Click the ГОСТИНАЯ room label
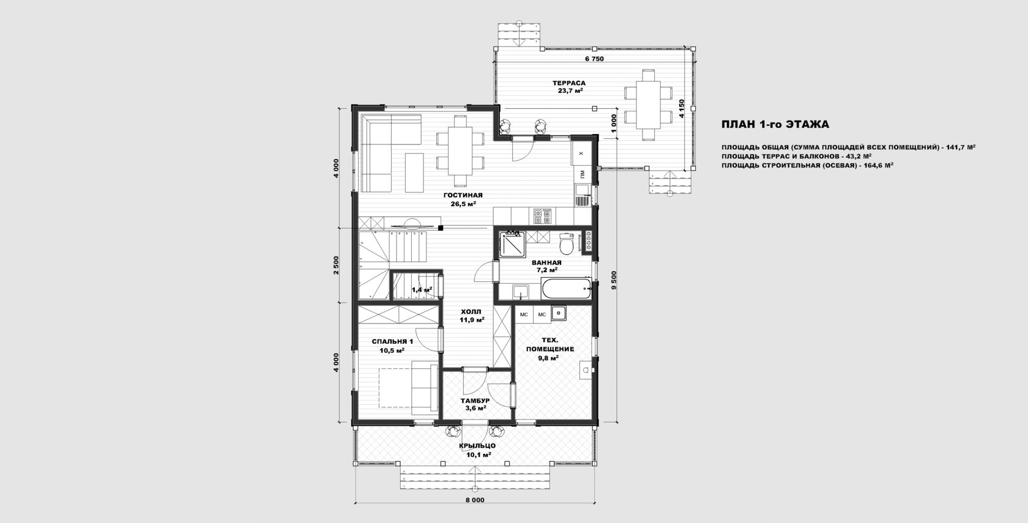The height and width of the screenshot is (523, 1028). [463, 195]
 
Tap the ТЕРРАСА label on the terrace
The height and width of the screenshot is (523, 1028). [569, 83]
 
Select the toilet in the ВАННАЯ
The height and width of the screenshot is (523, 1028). [567, 243]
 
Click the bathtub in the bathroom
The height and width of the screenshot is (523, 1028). [567, 289]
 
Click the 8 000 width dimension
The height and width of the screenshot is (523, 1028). [475, 500]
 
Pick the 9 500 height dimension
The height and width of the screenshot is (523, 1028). [614, 280]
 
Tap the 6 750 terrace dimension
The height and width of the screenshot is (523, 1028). [594, 59]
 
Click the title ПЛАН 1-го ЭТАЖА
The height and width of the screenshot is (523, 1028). [775, 124]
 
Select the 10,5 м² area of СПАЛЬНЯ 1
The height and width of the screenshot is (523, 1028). [392, 351]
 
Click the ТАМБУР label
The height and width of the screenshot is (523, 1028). [475, 401]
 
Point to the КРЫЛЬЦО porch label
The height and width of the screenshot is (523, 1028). [477, 445]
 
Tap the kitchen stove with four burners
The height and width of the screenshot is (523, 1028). [542, 216]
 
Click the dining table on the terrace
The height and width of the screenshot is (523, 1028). [647, 105]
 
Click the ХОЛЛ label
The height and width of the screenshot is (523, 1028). [472, 311]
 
